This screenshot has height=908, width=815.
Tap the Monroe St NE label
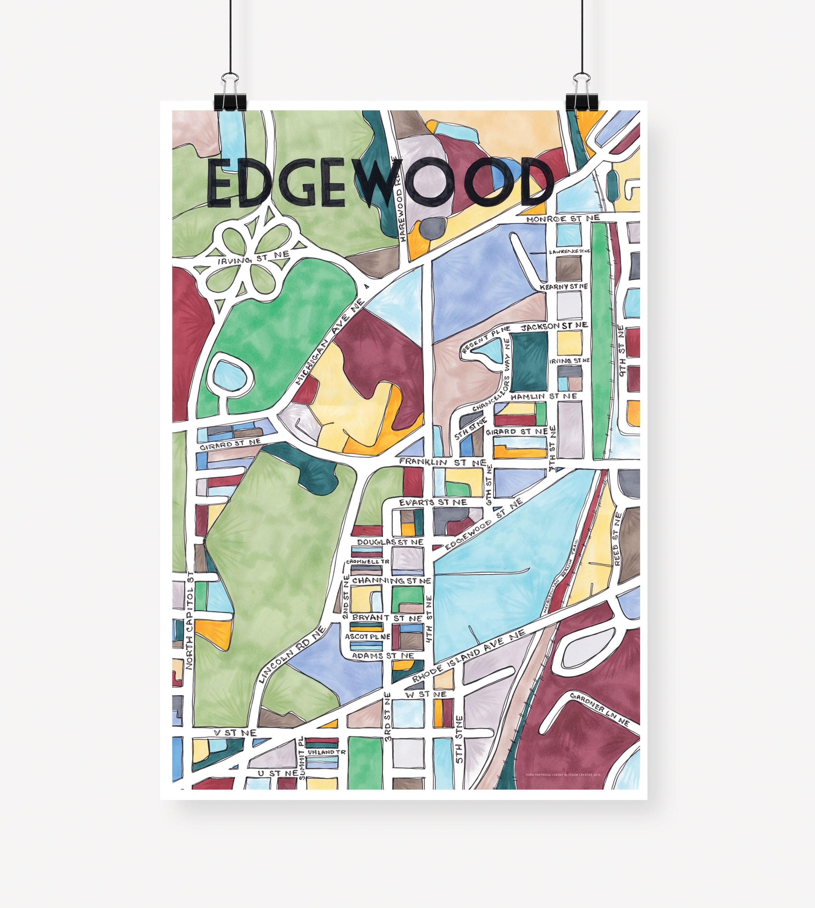(562, 218)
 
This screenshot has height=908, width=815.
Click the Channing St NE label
(391, 580)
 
